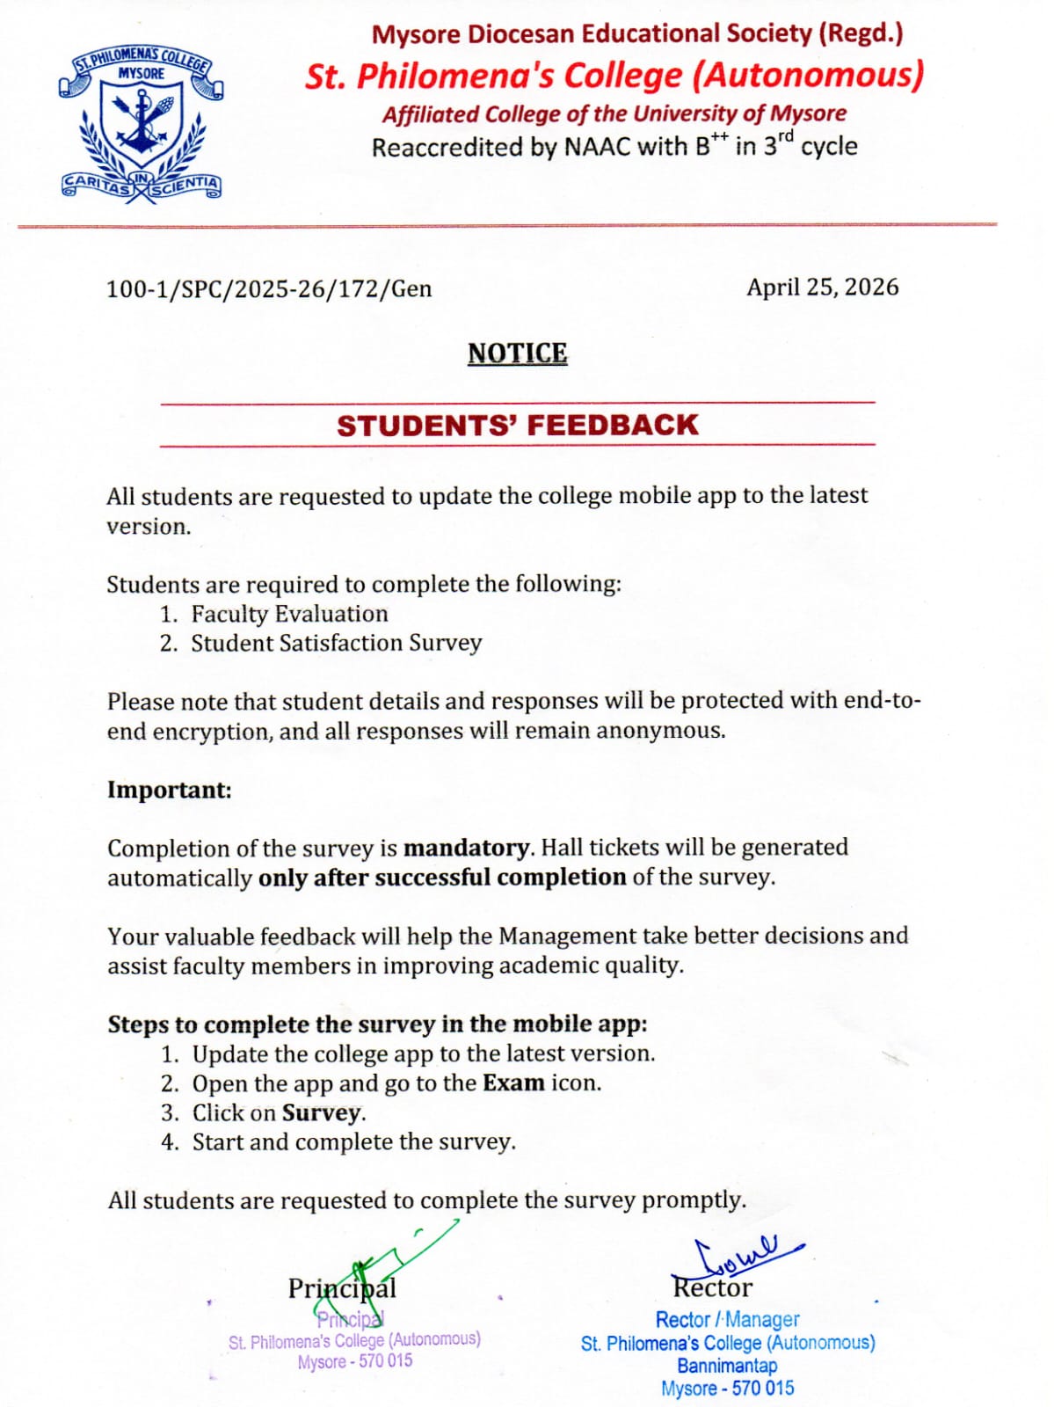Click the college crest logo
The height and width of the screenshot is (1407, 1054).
[x=141, y=125]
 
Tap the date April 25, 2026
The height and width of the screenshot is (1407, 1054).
[x=822, y=288]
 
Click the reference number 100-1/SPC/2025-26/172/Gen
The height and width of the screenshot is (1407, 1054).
[x=269, y=289]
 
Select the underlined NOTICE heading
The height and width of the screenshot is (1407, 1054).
[x=517, y=354]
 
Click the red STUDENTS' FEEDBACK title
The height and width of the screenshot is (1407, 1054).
[x=517, y=426]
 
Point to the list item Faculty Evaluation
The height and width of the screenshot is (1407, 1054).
[x=289, y=614]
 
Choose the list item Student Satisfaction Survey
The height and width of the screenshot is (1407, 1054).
[x=336, y=644]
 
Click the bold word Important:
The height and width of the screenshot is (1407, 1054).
[x=170, y=790]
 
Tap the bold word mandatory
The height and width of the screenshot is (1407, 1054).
[x=466, y=848]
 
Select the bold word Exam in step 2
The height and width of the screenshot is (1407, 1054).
[x=513, y=1083]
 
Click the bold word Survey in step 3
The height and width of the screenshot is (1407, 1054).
[x=321, y=1113]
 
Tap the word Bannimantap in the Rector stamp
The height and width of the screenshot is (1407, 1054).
[x=727, y=1366]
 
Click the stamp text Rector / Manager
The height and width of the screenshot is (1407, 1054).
[x=727, y=1320]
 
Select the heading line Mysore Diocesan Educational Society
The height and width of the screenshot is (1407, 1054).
[x=636, y=34]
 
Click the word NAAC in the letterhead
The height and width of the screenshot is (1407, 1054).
[x=597, y=147]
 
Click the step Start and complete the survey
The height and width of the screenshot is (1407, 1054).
[x=353, y=1142]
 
